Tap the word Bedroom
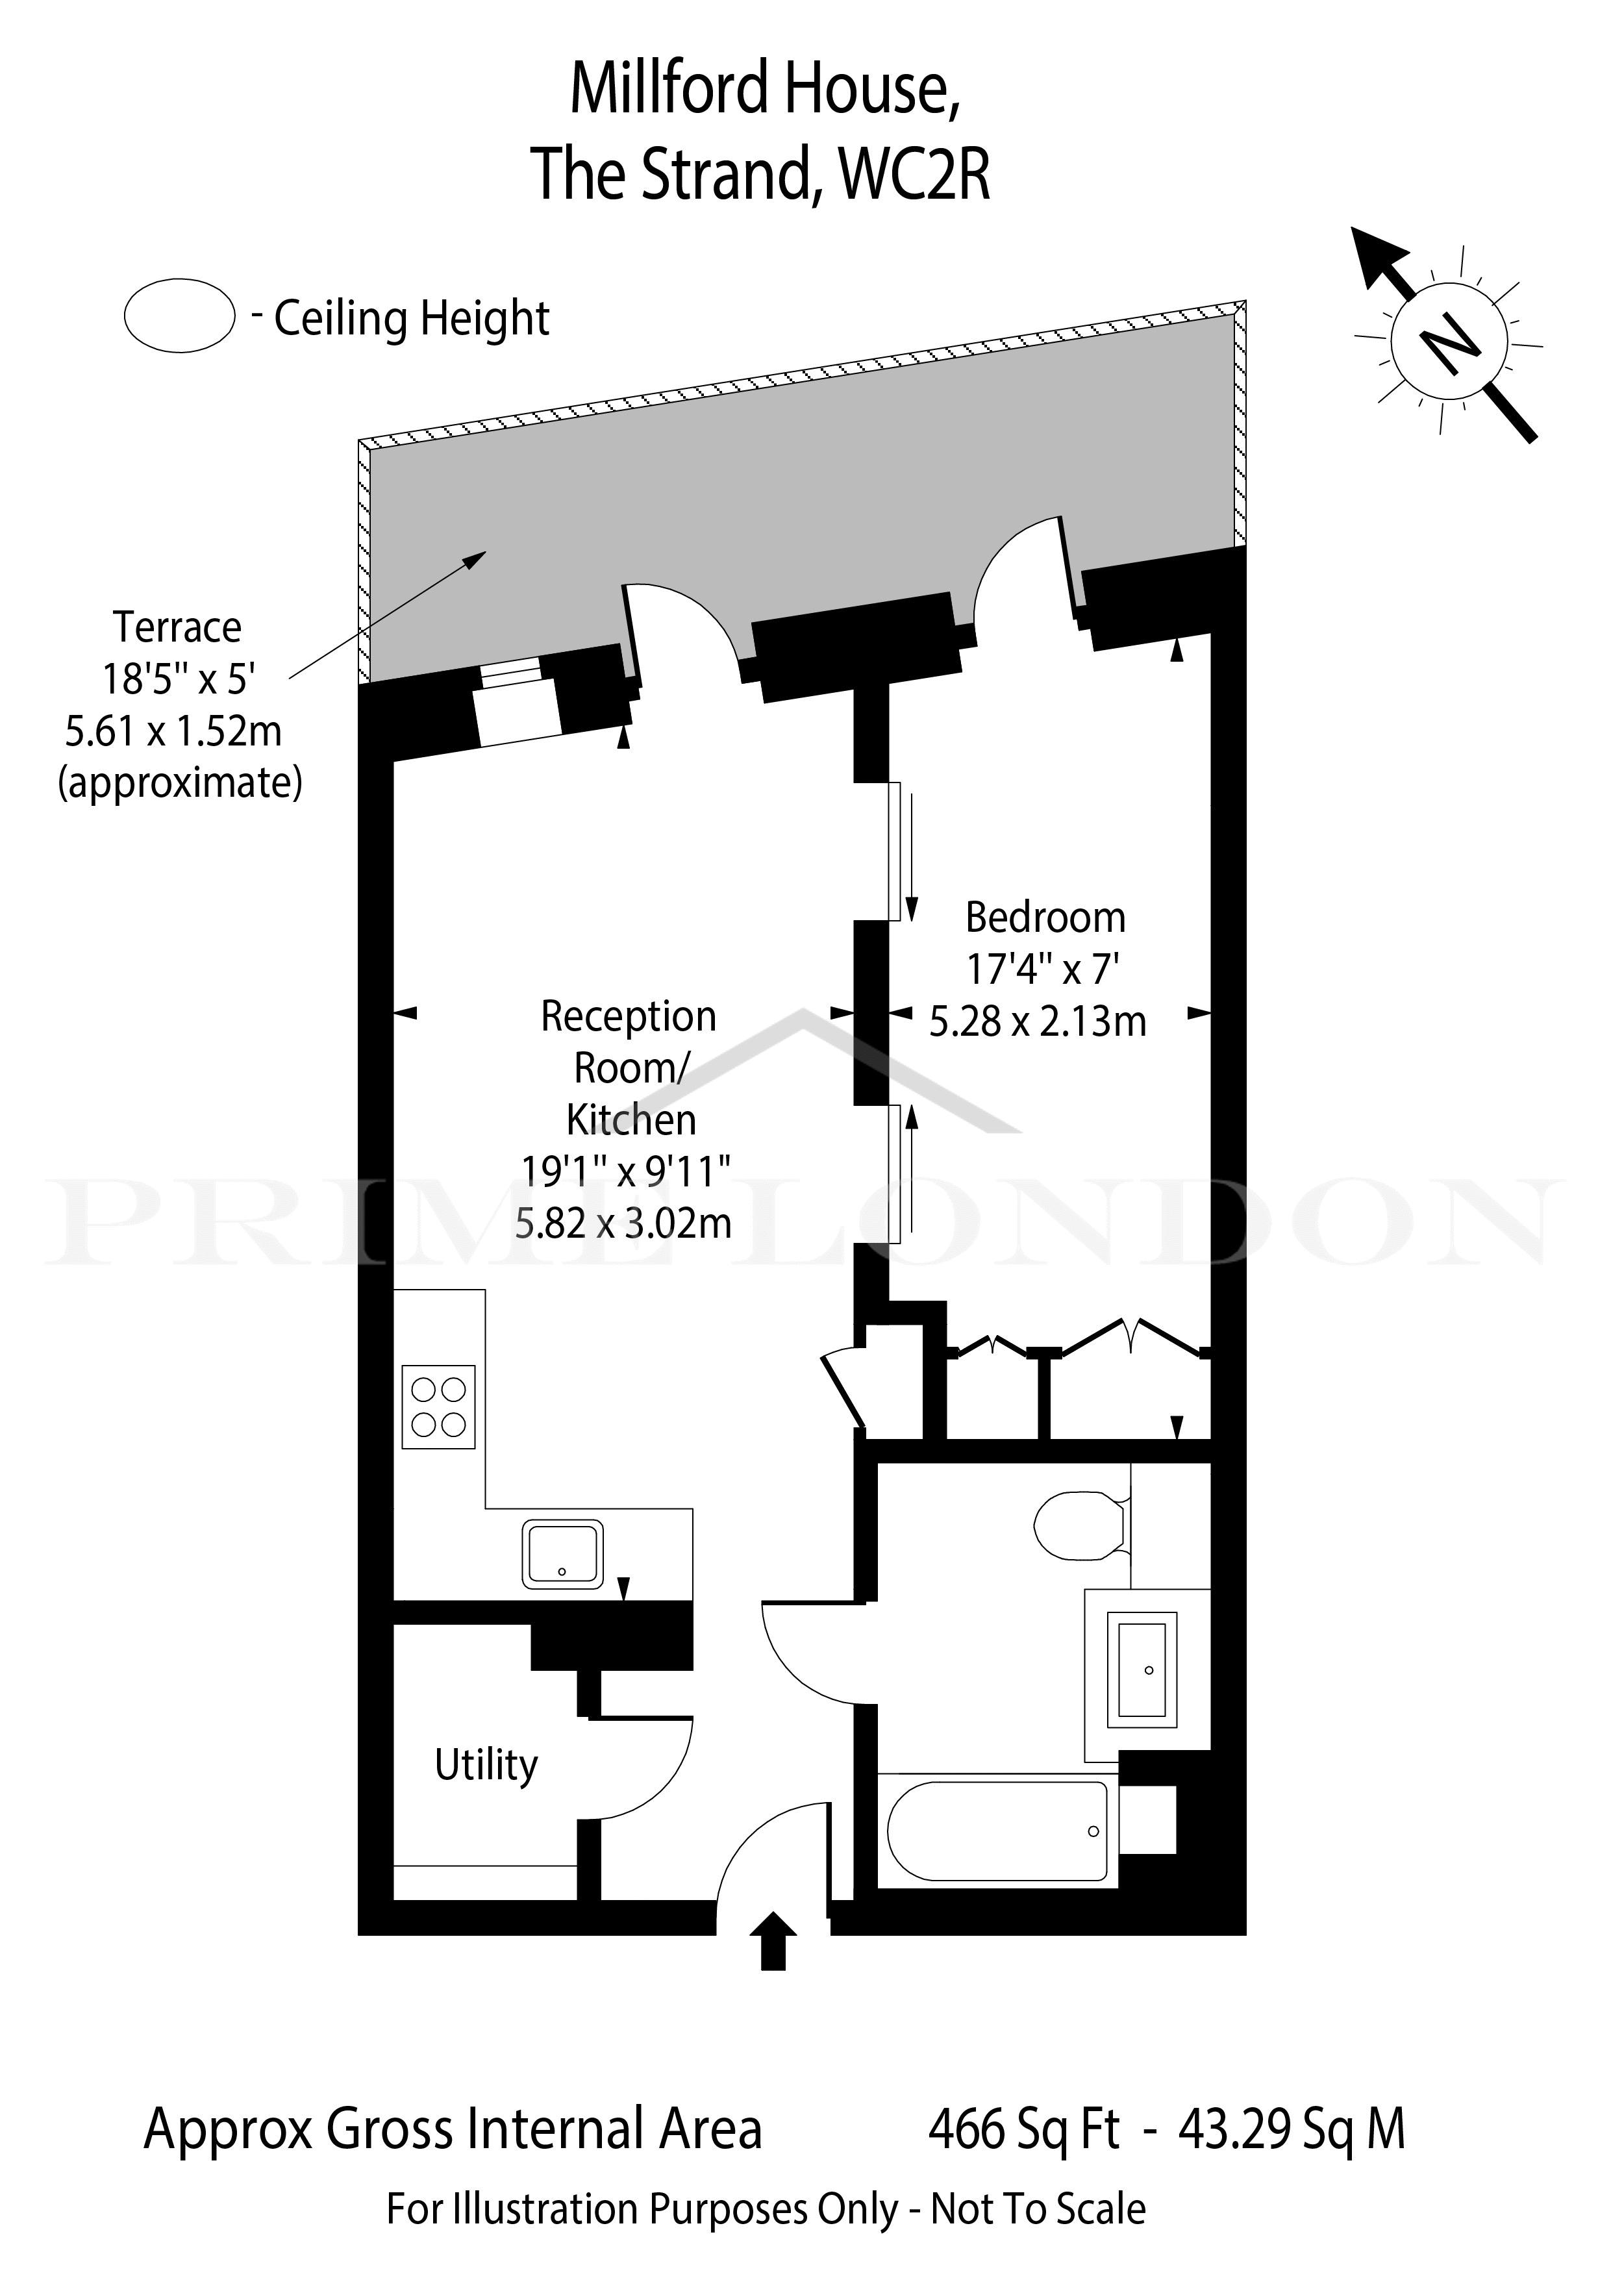1045,918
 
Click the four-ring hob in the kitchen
438,1407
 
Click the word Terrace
177,627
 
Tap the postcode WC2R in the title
915,173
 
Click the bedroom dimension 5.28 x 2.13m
1038,1021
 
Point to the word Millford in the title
669,87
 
